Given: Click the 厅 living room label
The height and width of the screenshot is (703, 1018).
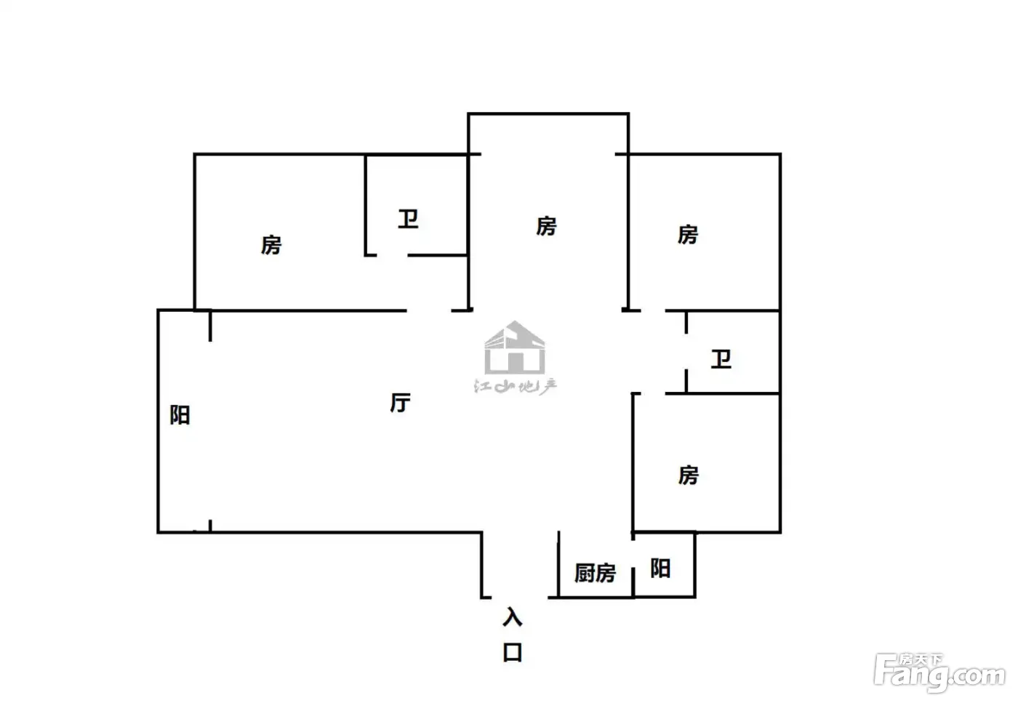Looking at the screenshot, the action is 401,403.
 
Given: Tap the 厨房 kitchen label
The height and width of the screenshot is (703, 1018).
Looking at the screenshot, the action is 596,573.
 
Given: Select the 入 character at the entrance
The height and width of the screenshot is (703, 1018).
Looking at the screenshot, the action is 513,616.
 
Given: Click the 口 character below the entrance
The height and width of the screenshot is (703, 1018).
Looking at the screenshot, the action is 513,653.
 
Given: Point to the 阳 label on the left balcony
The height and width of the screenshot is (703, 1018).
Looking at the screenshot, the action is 180,415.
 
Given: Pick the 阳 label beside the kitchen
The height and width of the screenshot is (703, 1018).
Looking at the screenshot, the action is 660,569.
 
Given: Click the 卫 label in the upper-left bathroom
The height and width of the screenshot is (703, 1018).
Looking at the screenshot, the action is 408,219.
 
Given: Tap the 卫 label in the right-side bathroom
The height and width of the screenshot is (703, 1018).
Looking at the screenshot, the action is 721,359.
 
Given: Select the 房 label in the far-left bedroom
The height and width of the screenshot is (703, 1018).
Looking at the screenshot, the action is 271,246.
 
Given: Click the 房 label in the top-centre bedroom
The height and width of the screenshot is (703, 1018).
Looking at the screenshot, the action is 546,226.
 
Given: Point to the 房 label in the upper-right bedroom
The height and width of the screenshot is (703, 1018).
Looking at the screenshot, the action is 688,235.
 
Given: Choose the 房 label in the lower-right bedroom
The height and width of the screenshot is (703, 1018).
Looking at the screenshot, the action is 689,475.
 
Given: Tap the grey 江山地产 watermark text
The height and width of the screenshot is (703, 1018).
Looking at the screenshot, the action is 516,387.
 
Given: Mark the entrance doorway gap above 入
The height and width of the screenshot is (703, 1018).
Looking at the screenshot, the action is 519,598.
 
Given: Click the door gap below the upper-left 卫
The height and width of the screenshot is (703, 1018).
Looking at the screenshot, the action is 392,255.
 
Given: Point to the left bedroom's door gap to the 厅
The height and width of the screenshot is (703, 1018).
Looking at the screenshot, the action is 428,311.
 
